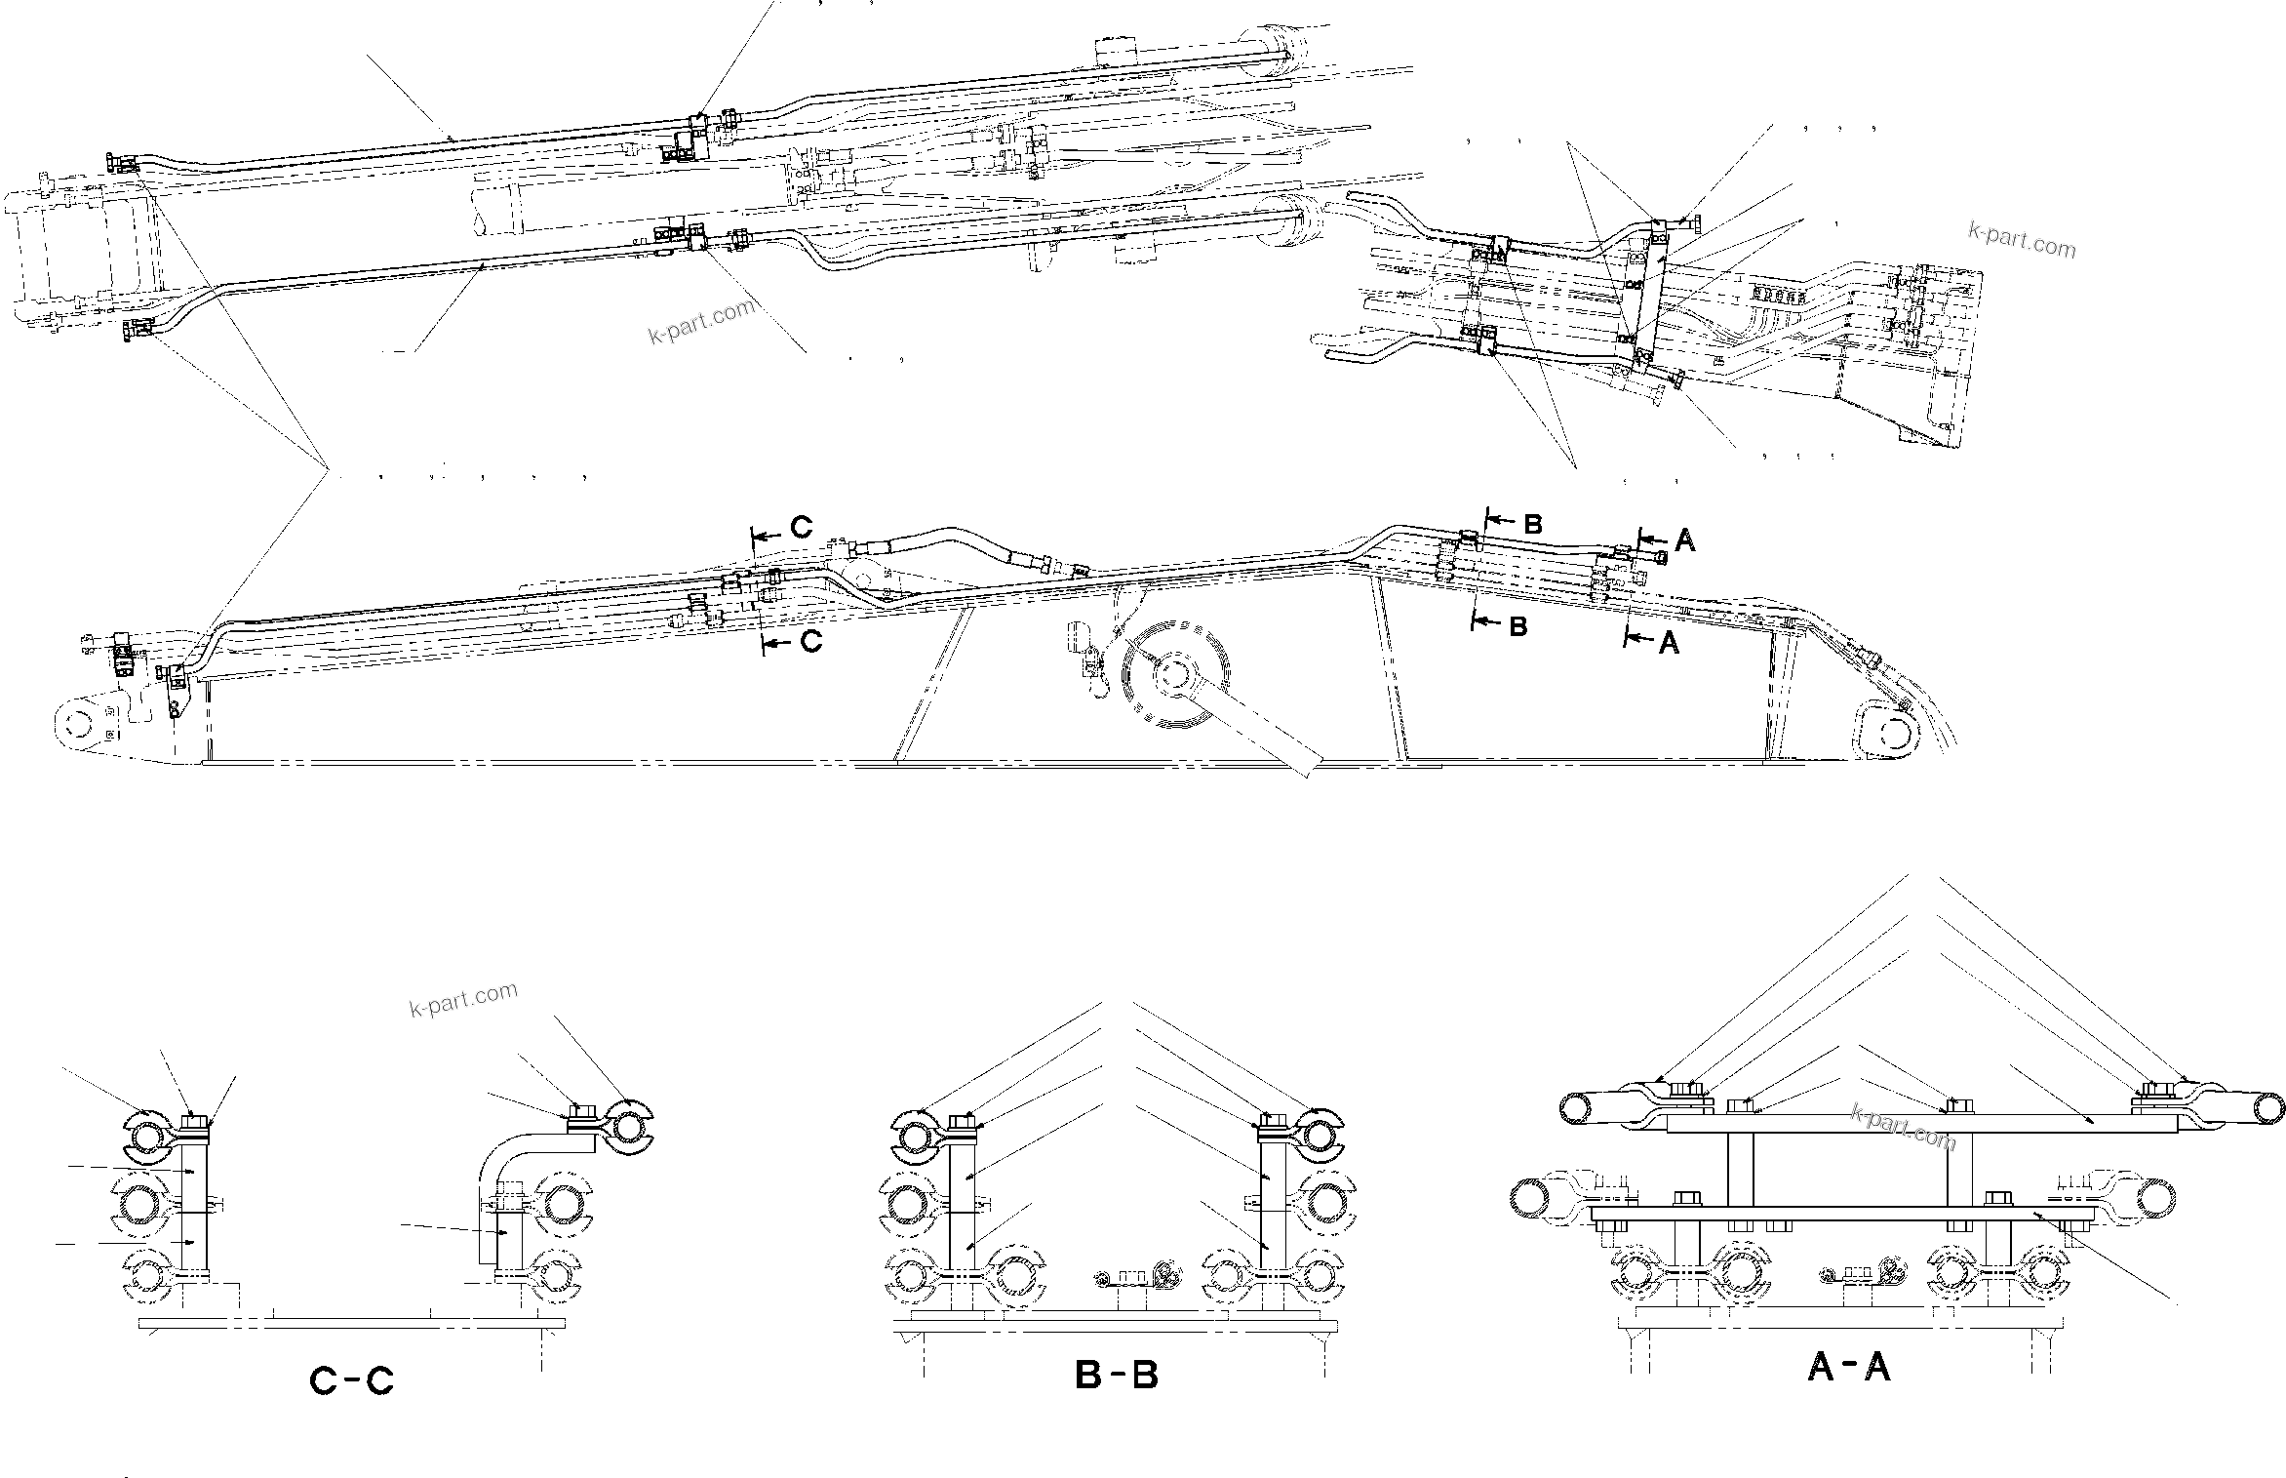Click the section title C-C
pos(351,1380)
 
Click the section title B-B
pos(1116,1376)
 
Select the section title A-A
pos(1849,1367)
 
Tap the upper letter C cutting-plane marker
pos(801,528)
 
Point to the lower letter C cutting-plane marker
pos(811,641)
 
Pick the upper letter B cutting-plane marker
pos(1532,525)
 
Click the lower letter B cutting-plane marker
pos(1517,627)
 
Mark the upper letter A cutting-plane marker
pos(1684,541)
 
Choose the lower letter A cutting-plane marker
pos(1670,644)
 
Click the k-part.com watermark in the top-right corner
pos(2022,240)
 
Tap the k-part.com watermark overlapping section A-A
pos(1902,1128)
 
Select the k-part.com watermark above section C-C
pos(463,999)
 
